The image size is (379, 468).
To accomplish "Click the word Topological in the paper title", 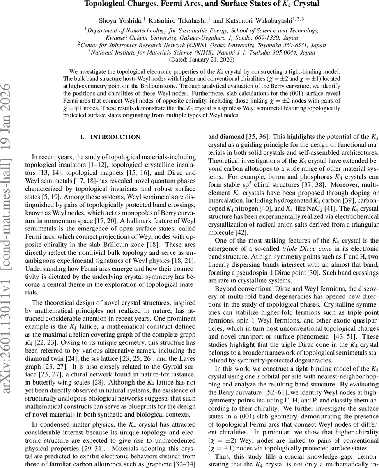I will pos(105,4).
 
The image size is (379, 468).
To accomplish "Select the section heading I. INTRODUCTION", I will pos(110,137).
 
